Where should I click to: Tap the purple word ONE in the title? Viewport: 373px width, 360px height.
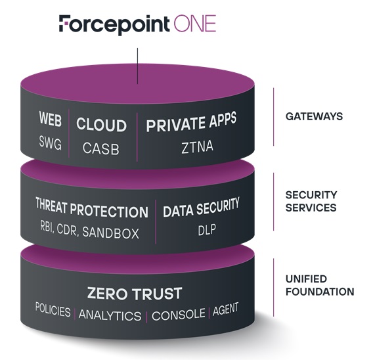[x=195, y=23]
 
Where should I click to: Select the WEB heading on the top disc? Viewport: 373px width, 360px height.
[x=51, y=119]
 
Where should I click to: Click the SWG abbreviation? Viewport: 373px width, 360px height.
[x=51, y=143]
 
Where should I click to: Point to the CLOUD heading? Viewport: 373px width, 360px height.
[x=101, y=125]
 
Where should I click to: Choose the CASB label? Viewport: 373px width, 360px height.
[x=101, y=148]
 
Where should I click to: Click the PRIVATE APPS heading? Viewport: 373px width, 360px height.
[x=191, y=122]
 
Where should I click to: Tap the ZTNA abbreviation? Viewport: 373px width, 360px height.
[x=197, y=146]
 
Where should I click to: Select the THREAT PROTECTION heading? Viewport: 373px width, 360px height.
[x=92, y=208]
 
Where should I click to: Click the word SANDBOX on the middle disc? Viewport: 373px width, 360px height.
[x=110, y=233]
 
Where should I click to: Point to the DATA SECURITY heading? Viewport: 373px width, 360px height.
[x=201, y=208]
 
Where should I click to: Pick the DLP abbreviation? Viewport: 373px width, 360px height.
[x=207, y=230]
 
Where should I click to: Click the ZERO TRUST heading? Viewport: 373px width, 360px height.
[x=135, y=293]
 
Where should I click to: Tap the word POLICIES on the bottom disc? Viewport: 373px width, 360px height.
[x=53, y=310]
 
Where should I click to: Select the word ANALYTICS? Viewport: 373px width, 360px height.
[x=110, y=315]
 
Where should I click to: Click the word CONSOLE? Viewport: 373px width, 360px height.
[x=179, y=315]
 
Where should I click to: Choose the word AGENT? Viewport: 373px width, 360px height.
[x=225, y=309]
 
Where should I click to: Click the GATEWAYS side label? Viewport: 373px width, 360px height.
[x=314, y=116]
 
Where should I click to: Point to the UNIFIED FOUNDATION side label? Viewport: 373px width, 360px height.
[x=320, y=285]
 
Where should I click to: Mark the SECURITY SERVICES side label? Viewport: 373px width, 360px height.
[x=311, y=201]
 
